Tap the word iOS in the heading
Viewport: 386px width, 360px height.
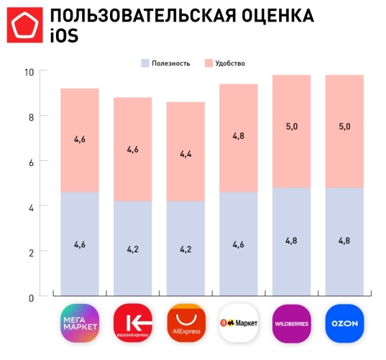pyautogui.click(x=64, y=37)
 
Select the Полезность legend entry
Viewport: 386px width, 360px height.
pyautogui.click(x=166, y=63)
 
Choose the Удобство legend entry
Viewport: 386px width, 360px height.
pyautogui.click(x=225, y=63)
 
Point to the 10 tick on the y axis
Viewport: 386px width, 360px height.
pyautogui.click(x=28, y=71)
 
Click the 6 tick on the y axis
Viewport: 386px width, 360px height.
pyautogui.click(x=31, y=162)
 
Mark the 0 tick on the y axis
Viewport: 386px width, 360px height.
pyautogui.click(x=31, y=298)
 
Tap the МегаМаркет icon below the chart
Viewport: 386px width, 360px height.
pyautogui.click(x=80, y=324)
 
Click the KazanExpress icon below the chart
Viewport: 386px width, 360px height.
pyautogui.click(x=133, y=324)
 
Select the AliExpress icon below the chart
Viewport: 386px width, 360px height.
pyautogui.click(x=186, y=324)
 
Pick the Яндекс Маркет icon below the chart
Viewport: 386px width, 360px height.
pyautogui.click(x=239, y=324)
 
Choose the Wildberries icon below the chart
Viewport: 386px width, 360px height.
pyautogui.click(x=291, y=324)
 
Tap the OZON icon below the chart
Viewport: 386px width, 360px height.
pyautogui.click(x=344, y=324)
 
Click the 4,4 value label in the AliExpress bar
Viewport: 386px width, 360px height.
pyautogui.click(x=185, y=154)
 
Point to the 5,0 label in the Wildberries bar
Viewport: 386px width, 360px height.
pyautogui.click(x=291, y=127)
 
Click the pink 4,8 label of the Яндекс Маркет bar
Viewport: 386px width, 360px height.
pyautogui.click(x=239, y=136)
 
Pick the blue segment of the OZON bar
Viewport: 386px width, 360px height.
pyautogui.click(x=344, y=264)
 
